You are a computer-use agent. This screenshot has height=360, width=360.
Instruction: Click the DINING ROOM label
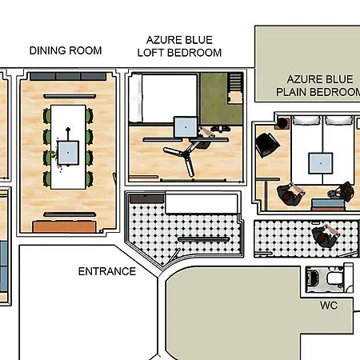tap(66, 50)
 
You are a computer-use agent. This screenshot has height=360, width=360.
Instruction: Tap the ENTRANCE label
tap(106, 271)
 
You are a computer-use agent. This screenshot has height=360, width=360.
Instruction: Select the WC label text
tap(329, 306)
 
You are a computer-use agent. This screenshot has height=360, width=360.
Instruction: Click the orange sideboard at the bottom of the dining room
tap(67, 226)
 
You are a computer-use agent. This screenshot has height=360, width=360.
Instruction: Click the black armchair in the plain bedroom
tap(266, 145)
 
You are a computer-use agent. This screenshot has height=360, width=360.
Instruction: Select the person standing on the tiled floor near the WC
tap(324, 236)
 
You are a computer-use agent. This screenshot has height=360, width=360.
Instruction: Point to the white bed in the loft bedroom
tap(164, 96)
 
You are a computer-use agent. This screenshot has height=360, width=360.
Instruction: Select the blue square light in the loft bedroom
tap(186, 126)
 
